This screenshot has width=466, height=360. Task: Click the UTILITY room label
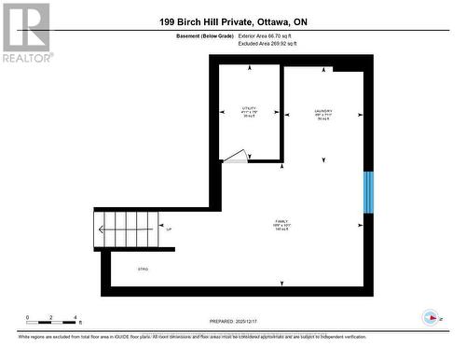click(x=249, y=109)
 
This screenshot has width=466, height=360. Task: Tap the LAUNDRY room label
click(x=323, y=112)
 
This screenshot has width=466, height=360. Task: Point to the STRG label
click(x=144, y=270)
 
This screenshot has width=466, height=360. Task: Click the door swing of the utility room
click(x=237, y=157)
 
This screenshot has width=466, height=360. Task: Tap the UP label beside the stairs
click(x=168, y=227)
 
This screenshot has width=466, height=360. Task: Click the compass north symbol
click(x=432, y=317)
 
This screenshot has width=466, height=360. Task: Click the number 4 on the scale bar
click(x=75, y=318)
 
